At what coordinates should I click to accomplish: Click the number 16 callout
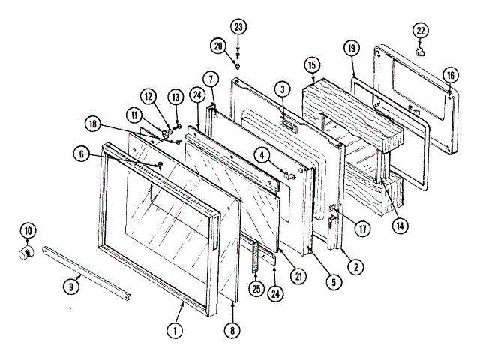click(450, 75)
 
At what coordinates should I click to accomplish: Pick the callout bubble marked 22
click(421, 30)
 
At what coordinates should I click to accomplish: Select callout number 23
click(238, 28)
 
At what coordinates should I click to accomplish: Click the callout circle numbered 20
click(218, 46)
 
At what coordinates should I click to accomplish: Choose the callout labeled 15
click(312, 65)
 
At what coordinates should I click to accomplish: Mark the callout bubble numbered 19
click(351, 49)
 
